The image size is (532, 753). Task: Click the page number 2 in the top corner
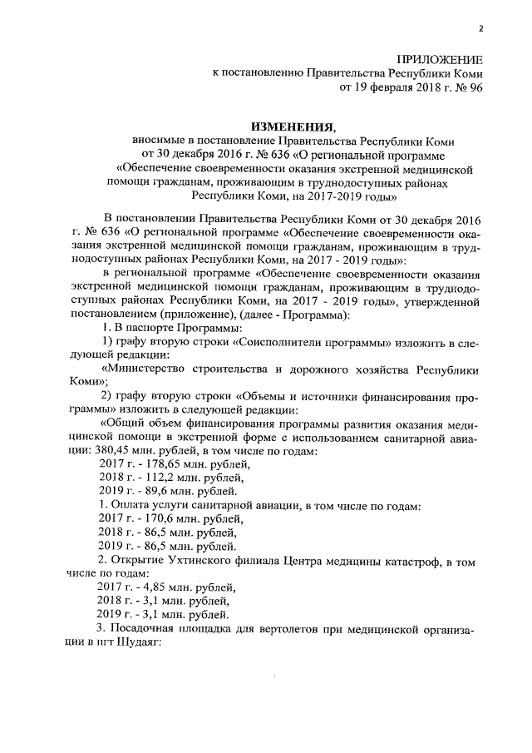(480, 30)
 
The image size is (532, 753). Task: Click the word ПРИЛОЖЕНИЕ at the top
(441, 59)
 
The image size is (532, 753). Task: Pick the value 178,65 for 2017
(161, 463)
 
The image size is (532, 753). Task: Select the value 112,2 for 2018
(158, 478)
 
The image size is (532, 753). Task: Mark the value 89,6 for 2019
(155, 491)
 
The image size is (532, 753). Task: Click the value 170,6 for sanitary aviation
(158, 518)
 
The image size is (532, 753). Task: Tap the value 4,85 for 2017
(155, 587)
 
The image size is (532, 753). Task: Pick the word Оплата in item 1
(133, 505)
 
